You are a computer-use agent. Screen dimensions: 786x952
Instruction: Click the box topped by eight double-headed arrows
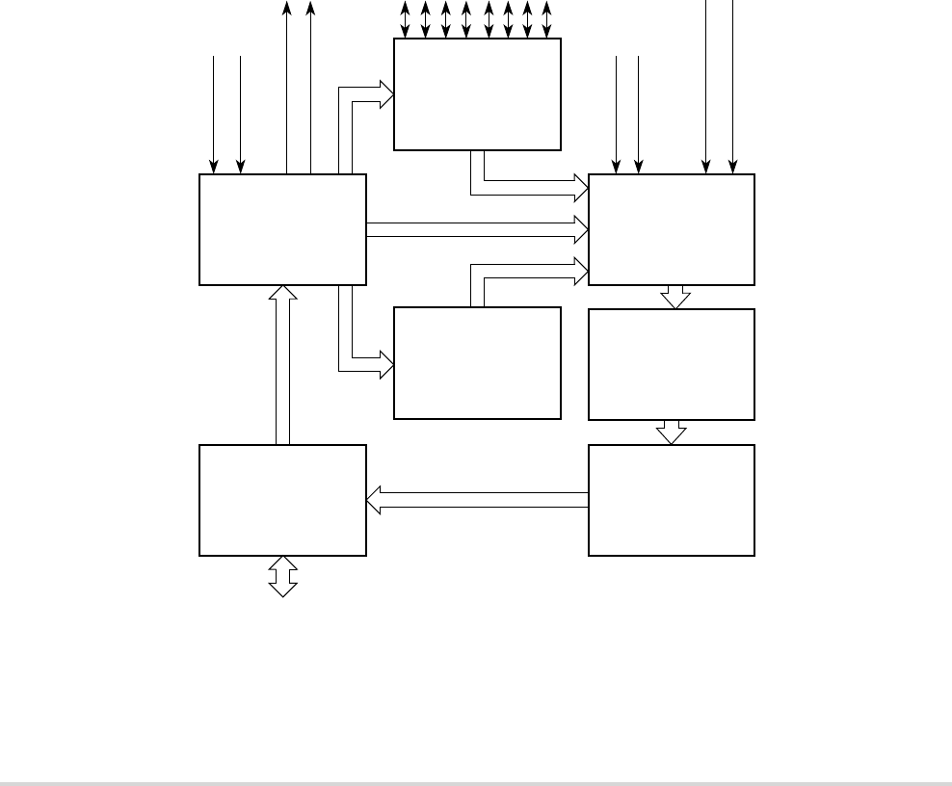477,94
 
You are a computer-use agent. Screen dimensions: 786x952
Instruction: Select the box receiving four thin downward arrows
672,229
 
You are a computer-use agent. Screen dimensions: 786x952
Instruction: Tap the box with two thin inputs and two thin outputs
282,229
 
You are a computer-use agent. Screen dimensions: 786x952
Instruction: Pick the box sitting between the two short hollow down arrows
672,364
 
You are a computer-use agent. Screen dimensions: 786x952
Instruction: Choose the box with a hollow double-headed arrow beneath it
282,500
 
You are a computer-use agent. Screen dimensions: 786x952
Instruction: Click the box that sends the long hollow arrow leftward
672,500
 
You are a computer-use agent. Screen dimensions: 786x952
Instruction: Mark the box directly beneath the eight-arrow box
477,363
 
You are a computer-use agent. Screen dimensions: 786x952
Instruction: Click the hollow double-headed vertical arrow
282,576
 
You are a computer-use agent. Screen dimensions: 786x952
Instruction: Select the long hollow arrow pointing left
477,500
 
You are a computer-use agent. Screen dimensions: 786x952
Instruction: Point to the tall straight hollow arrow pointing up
282,366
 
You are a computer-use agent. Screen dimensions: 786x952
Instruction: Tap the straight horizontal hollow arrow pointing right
477,229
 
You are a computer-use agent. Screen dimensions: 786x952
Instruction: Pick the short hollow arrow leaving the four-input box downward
675,297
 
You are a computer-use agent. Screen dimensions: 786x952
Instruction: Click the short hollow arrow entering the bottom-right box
672,432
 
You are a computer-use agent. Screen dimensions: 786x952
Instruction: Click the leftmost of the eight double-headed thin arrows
405,19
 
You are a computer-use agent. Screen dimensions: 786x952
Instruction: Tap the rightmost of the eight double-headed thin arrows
547,19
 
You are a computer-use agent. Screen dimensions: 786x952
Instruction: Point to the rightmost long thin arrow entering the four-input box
733,87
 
